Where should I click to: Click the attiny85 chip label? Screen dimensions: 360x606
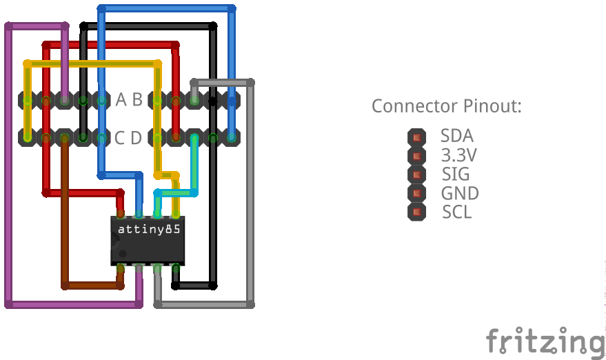149,229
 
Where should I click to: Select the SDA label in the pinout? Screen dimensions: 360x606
456,136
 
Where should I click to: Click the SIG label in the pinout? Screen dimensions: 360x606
456,174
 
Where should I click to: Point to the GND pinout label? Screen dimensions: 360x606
460,192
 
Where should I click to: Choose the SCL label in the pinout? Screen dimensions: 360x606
457,212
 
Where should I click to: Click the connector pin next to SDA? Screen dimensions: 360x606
416,137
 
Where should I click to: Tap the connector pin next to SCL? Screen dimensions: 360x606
416,212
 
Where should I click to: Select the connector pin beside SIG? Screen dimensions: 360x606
416,174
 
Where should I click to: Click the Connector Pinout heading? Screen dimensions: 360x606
446,106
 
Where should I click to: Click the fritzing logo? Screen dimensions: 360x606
545,341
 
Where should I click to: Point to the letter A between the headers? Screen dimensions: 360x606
121,100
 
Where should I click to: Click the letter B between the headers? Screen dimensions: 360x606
137,100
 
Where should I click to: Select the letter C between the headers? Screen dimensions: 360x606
120,139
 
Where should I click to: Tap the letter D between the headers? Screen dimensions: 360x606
136,139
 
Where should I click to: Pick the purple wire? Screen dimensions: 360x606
8,172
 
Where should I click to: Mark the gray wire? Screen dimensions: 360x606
250,207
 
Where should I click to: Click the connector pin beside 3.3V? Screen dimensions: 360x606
416,155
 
